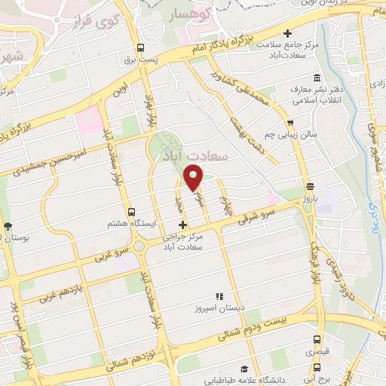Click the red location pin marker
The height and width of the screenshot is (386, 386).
194,176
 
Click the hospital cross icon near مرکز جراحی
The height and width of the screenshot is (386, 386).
181,225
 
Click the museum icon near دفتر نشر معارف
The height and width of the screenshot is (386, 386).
316,79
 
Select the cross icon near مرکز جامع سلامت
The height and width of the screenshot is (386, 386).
286,33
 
